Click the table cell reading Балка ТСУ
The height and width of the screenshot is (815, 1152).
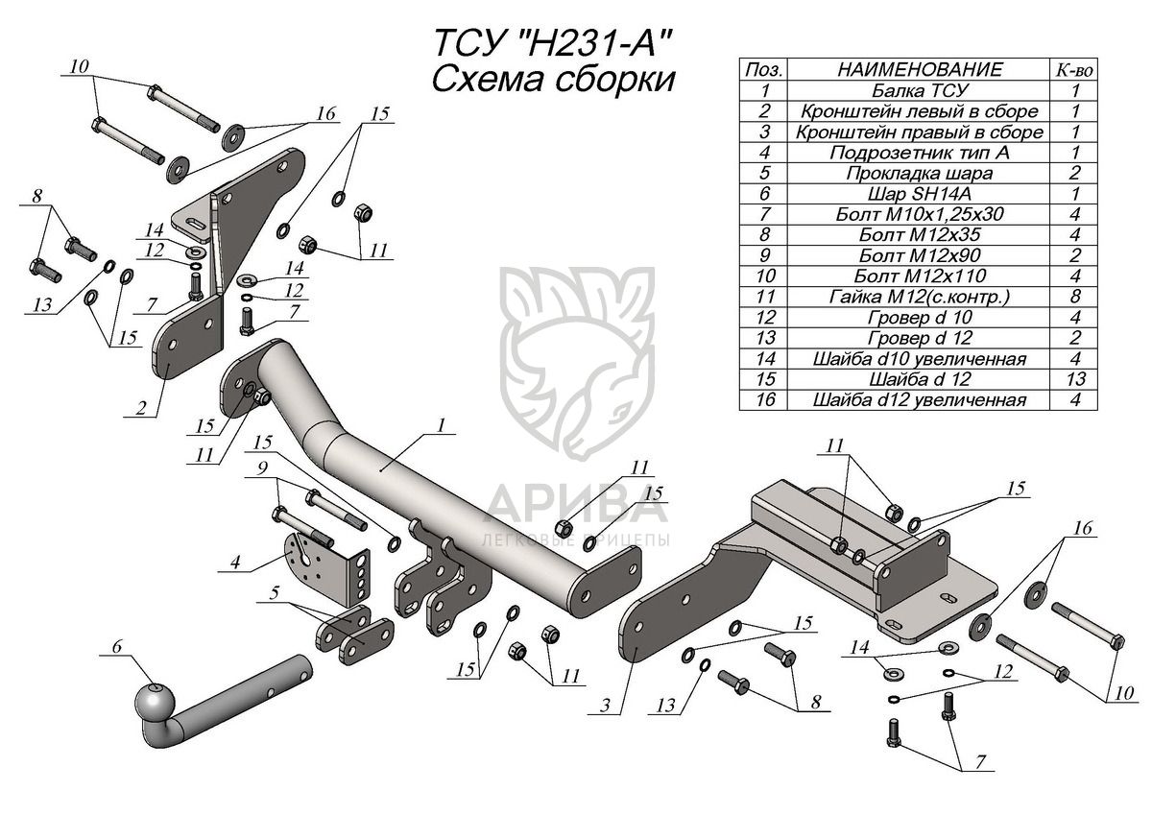pos(919,91)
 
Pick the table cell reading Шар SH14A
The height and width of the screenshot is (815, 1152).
pos(919,194)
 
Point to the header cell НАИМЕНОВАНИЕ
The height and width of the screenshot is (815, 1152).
pos(919,70)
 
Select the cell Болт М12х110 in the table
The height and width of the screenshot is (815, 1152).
pos(919,276)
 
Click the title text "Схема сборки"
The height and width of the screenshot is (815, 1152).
pos(551,79)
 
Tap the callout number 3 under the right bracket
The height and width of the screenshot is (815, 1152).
pos(605,707)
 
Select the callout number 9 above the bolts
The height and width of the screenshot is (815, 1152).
pos(260,468)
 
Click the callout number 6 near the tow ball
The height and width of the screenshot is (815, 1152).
pos(117,647)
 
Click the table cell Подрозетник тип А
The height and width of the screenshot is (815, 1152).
pos(919,153)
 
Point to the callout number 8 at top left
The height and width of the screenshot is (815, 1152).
pos(37,198)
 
